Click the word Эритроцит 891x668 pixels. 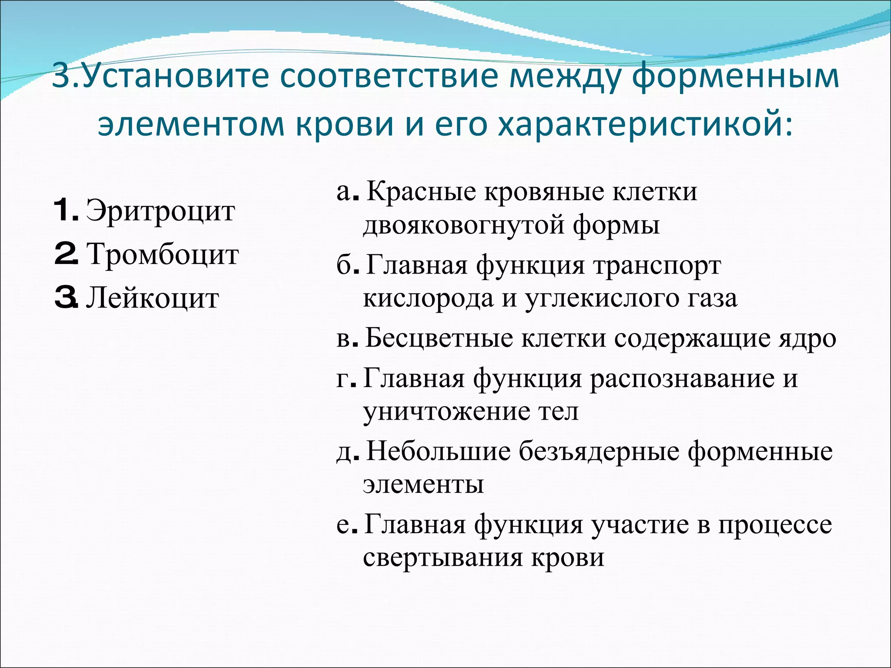160,212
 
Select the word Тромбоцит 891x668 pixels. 163,254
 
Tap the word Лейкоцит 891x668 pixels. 152,299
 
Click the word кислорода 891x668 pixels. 428,299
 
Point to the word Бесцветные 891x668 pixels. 439,338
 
